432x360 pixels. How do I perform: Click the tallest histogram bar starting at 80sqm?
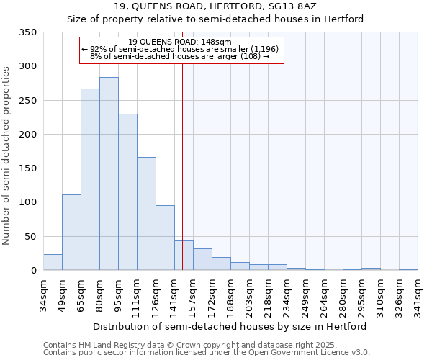(x=109, y=174)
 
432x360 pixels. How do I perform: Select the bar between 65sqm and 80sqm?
(x=90, y=179)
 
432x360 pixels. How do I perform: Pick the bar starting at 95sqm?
(x=127, y=192)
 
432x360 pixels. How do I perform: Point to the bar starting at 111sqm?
(x=146, y=213)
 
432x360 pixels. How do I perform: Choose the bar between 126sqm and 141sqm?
(x=165, y=238)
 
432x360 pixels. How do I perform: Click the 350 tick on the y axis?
(x=29, y=32)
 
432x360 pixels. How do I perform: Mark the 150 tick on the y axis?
(x=29, y=168)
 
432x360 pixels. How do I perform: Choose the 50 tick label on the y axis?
(x=31, y=236)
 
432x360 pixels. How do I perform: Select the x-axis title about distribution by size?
(x=230, y=326)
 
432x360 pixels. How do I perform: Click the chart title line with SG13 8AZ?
(x=216, y=6)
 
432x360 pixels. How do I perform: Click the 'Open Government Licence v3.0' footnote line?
(x=207, y=352)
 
